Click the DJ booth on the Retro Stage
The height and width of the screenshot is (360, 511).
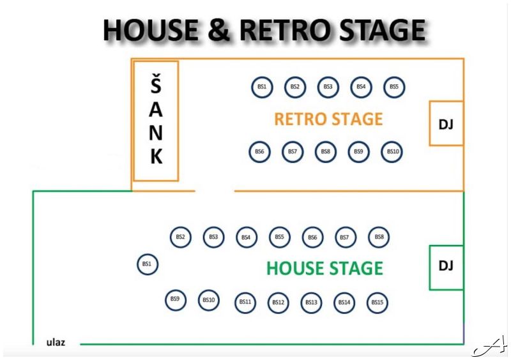click(x=446, y=123)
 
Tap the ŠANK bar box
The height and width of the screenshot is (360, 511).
click(x=156, y=121)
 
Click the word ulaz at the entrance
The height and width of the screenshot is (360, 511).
click(x=56, y=343)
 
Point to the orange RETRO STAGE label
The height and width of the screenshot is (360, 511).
click(x=328, y=119)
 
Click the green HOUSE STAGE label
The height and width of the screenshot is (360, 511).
click(x=324, y=268)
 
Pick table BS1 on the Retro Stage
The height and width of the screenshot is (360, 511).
click(x=262, y=86)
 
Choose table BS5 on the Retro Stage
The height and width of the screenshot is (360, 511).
click(x=394, y=86)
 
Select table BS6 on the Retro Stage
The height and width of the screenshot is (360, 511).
click(x=259, y=151)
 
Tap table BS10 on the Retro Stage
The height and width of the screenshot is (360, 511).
click(x=392, y=151)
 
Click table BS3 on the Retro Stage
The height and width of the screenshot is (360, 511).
click(x=328, y=86)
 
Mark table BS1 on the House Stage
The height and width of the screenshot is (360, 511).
click(x=148, y=264)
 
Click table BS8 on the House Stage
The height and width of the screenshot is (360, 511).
click(x=379, y=237)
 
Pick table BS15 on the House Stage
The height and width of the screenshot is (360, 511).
click(x=378, y=302)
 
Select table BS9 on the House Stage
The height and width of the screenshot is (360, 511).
click(x=175, y=299)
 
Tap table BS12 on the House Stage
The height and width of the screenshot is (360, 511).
click(x=278, y=302)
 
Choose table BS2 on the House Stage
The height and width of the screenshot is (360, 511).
click(x=181, y=237)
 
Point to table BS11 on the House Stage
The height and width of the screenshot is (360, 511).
click(x=245, y=301)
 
